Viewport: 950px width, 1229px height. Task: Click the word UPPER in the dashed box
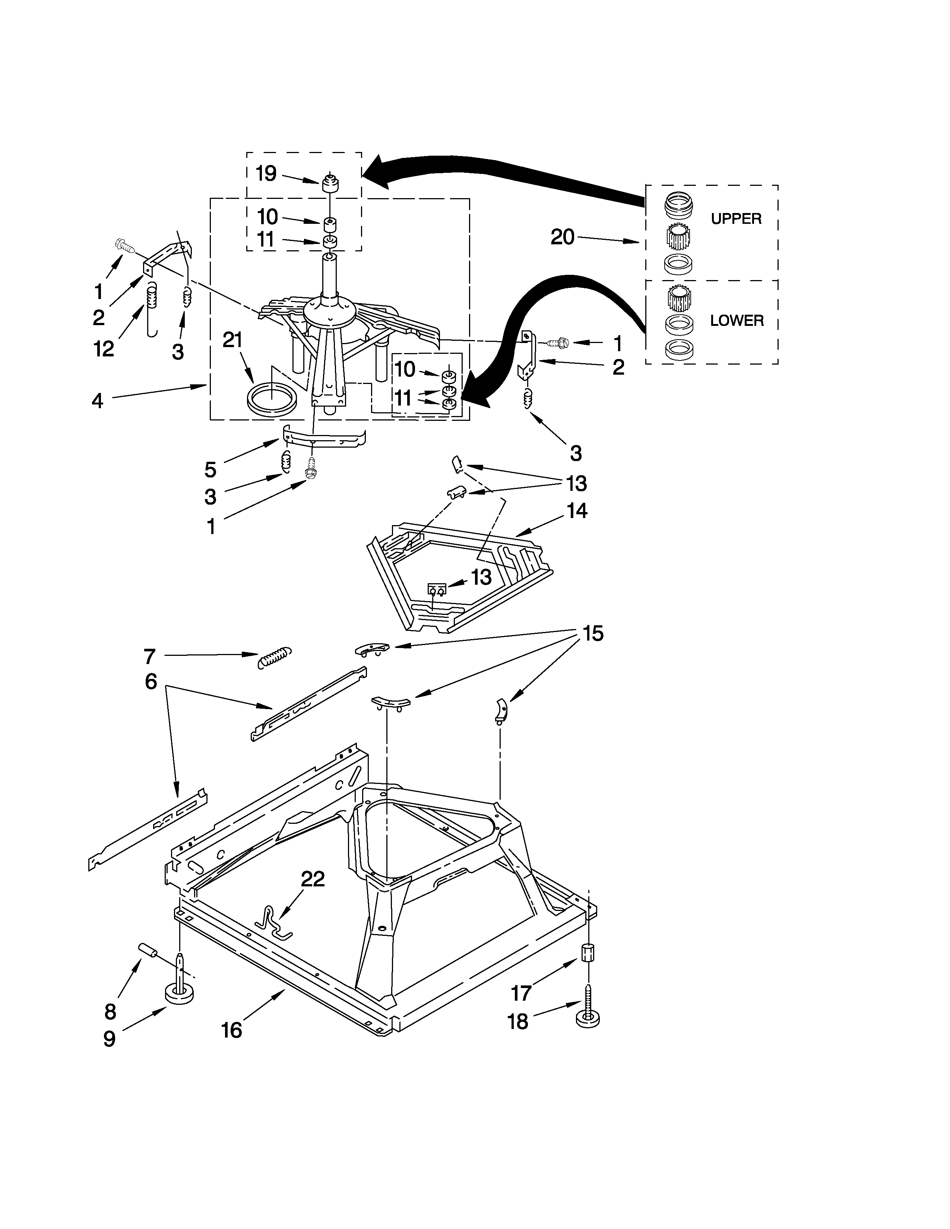click(735, 219)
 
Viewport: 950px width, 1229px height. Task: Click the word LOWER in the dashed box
click(736, 321)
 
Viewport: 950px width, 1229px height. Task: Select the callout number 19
click(266, 173)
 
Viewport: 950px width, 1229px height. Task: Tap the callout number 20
click(562, 237)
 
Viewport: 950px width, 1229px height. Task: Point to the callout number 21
click(232, 340)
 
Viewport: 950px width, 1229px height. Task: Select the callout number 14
click(577, 511)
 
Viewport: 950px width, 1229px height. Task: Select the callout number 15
click(593, 633)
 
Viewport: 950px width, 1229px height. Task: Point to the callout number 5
click(210, 469)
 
